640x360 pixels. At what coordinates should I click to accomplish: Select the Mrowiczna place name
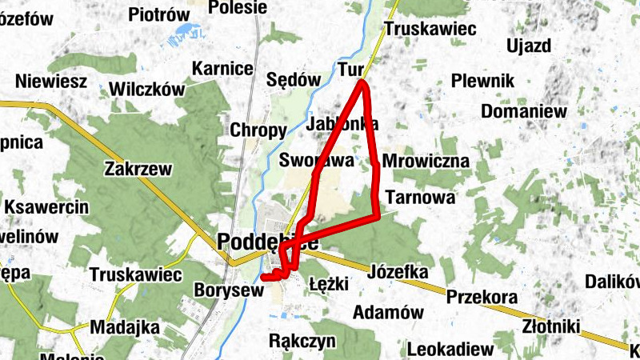[x=426, y=162]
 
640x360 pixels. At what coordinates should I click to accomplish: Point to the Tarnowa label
[x=419, y=197]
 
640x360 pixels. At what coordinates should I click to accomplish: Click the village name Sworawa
[x=317, y=161]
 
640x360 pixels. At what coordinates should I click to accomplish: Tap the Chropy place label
[x=258, y=130]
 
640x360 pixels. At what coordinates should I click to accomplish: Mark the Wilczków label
[x=148, y=89]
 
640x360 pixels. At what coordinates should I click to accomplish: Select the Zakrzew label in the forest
[x=138, y=168]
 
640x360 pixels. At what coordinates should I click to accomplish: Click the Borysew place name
[x=229, y=290]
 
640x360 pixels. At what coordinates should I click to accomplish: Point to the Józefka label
[x=398, y=272]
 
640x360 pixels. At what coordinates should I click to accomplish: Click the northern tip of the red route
[x=363, y=82]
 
